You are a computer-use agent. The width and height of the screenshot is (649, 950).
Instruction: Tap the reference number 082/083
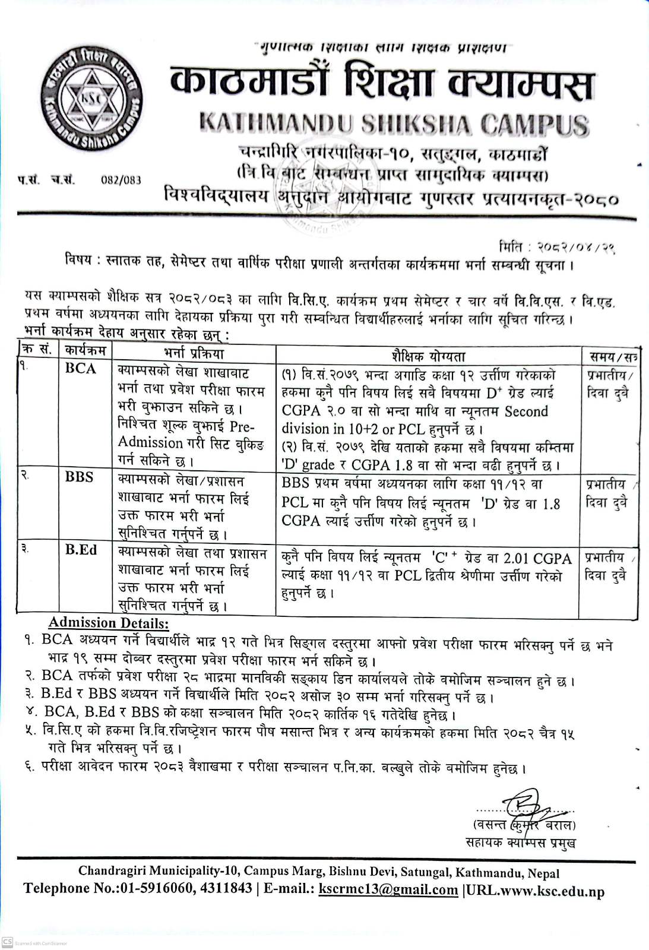(x=121, y=180)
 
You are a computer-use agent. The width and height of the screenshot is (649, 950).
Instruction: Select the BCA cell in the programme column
(x=81, y=369)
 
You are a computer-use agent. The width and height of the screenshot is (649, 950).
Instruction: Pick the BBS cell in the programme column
(x=80, y=477)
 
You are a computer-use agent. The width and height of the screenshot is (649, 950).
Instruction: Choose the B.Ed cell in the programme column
(x=81, y=550)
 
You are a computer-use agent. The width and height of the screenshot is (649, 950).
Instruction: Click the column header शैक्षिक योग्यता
(x=428, y=356)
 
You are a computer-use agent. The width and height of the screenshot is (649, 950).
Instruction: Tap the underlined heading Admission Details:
(x=109, y=623)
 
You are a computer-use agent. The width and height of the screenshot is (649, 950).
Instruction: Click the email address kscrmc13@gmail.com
(x=388, y=889)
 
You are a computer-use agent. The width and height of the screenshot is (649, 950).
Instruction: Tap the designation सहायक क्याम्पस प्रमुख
(x=521, y=842)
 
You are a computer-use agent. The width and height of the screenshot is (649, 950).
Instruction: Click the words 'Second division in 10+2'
(x=416, y=420)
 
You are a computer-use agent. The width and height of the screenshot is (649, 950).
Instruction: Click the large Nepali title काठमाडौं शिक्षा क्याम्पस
(x=381, y=83)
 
